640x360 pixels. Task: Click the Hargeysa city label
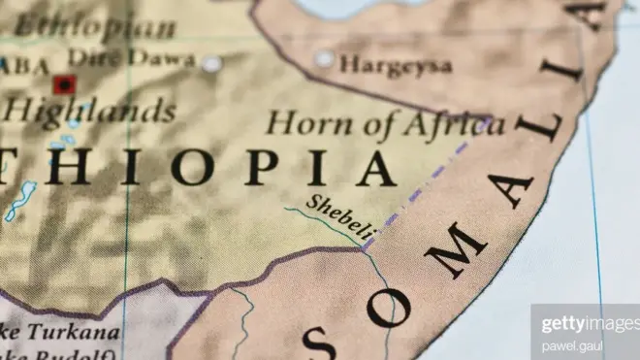point(396,65)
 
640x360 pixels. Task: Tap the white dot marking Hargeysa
point(324,59)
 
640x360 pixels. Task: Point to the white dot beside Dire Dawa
point(210,64)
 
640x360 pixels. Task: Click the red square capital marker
point(65,85)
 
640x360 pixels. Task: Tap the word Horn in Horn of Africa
point(299,124)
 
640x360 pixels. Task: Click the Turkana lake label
point(74,333)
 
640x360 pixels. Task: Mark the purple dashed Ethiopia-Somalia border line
point(427,180)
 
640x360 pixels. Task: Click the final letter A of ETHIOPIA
point(373,167)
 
